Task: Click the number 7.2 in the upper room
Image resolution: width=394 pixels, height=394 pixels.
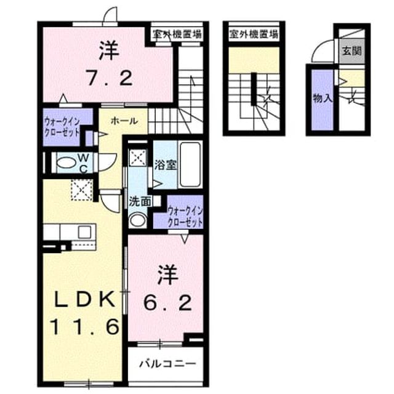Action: [x=110, y=78]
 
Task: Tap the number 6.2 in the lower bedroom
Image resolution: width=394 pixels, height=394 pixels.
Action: [x=167, y=303]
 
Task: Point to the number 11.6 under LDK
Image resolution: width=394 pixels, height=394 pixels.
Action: [x=84, y=326]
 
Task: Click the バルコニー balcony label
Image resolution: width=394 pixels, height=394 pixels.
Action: [x=167, y=364]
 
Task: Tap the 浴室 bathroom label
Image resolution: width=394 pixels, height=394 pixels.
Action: [x=166, y=165]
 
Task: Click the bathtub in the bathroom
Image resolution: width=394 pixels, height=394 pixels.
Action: [x=190, y=164]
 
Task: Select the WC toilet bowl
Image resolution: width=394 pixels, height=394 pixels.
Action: [x=66, y=163]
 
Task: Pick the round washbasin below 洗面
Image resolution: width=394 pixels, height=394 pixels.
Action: [x=138, y=220]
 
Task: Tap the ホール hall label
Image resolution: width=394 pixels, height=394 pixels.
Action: [x=124, y=121]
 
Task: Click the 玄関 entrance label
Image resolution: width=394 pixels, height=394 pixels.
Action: [x=352, y=51]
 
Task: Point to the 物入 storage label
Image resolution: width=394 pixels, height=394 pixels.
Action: [x=323, y=98]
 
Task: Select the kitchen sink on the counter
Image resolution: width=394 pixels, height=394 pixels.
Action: [x=84, y=232]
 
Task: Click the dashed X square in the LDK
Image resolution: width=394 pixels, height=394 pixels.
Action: [x=82, y=190]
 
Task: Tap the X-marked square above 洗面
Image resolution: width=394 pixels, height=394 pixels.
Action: [x=138, y=158]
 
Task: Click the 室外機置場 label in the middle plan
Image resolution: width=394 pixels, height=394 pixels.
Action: [x=254, y=34]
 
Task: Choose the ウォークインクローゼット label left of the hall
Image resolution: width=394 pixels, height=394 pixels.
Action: [x=62, y=127]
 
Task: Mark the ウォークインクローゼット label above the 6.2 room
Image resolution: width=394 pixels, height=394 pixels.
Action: [x=185, y=217]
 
